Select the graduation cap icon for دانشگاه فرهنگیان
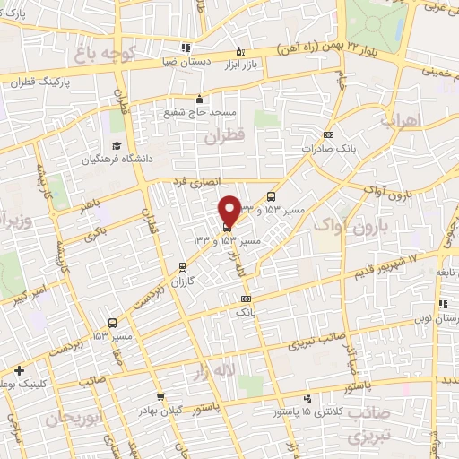click(x=116, y=145)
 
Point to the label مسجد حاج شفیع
click(x=200, y=113)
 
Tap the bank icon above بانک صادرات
click(x=329, y=134)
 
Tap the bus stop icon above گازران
click(x=183, y=266)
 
